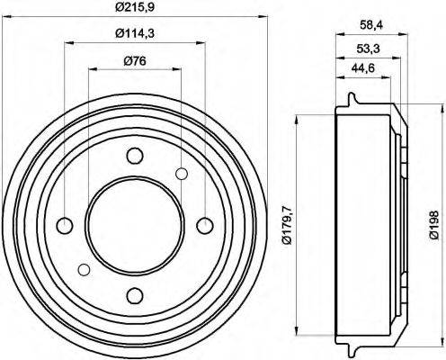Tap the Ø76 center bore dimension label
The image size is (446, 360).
[134, 61]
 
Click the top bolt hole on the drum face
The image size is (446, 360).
[135, 154]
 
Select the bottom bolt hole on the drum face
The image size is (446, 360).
[135, 294]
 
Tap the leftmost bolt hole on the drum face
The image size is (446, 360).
[65, 224]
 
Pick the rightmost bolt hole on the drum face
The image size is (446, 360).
[205, 224]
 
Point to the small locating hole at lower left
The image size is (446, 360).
[84, 268]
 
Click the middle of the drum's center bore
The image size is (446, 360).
[135, 224]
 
